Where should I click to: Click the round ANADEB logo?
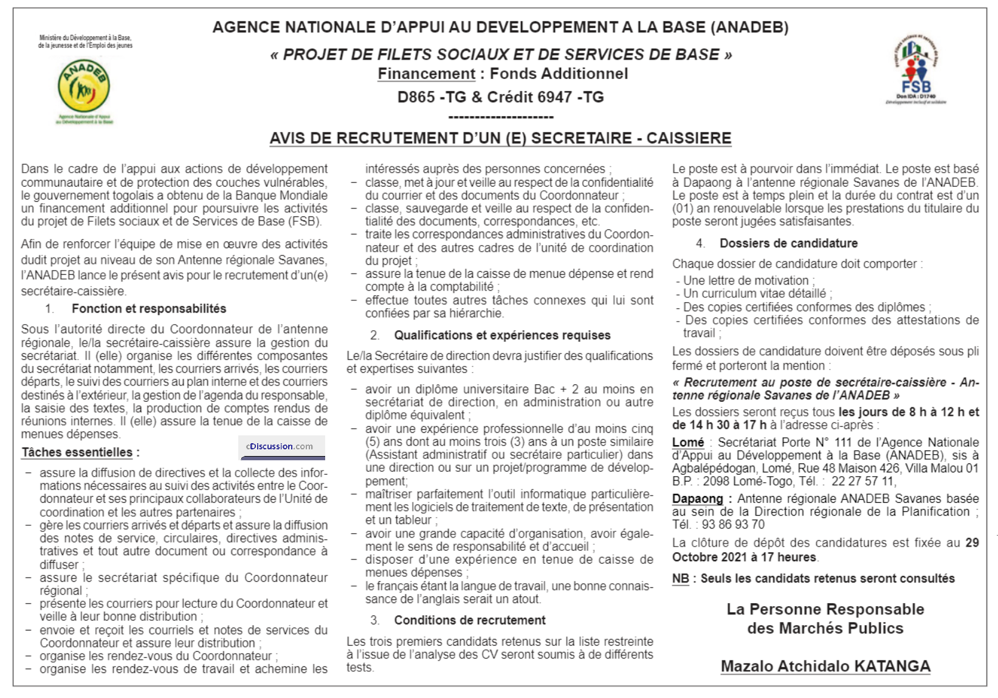(84, 86)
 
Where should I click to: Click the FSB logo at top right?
(916, 70)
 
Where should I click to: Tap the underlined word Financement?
(426, 74)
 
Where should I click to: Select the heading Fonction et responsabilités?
(149, 309)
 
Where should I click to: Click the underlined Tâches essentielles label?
(77, 452)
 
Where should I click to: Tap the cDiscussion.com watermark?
(280, 446)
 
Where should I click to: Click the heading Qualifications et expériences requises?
(502, 336)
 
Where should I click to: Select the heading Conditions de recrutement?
(469, 621)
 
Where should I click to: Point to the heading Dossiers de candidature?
(788, 243)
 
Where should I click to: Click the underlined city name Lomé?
(687, 443)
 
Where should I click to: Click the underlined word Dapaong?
(697, 499)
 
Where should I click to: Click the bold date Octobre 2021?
(709, 558)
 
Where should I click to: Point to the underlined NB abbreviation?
(680, 579)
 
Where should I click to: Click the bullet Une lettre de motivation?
(745, 281)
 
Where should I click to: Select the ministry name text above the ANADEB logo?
(85, 41)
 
